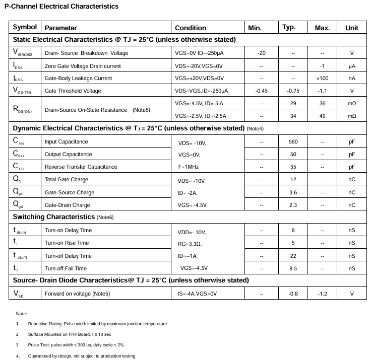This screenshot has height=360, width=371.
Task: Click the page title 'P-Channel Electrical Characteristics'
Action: (61, 7)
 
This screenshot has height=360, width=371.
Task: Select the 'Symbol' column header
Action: (25, 28)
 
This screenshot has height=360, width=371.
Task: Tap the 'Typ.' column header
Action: (289, 28)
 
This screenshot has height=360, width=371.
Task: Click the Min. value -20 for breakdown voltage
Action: (261, 53)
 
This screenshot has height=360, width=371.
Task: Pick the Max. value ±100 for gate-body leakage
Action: (322, 78)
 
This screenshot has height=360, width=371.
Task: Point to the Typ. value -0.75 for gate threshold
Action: (293, 91)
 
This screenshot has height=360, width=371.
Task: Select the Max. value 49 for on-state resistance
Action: (322, 116)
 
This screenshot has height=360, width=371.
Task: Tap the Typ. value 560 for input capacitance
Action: (293, 142)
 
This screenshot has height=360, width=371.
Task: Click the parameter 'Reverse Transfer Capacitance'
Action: (81, 167)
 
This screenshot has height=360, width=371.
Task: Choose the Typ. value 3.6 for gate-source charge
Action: (293, 192)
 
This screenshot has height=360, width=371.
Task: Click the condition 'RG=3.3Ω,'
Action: (190, 244)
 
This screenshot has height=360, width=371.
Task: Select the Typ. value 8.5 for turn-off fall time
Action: (293, 268)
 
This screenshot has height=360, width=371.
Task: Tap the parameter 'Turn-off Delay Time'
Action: (68, 256)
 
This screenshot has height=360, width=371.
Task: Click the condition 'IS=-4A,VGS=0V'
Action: (197, 294)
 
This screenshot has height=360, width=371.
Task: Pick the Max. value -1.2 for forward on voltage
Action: (322, 294)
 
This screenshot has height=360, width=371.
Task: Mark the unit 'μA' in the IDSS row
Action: (352, 66)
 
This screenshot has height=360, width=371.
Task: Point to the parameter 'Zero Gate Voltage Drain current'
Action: (83, 66)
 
